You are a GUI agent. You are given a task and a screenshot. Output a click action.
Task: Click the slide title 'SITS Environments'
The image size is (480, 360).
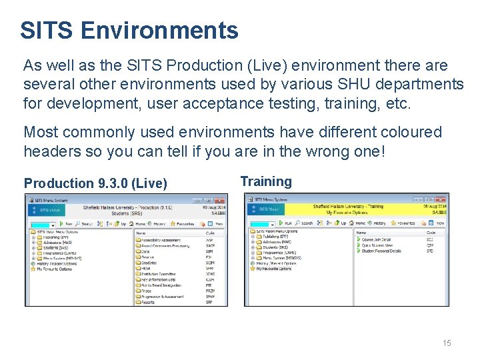pyautogui.click(x=129, y=30)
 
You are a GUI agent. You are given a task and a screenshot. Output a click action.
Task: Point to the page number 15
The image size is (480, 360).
pyautogui.click(x=447, y=343)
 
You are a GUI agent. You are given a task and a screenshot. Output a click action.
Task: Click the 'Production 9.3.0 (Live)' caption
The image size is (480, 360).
pyautogui.click(x=95, y=183)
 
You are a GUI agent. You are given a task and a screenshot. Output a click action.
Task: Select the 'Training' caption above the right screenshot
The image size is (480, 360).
pyautogui.click(x=266, y=181)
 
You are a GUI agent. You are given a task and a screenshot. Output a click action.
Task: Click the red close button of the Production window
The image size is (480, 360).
pyautogui.click(x=219, y=200)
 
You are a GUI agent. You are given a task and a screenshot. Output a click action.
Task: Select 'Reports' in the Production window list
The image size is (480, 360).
pyautogui.click(x=148, y=302)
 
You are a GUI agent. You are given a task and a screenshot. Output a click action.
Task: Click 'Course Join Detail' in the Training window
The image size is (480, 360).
pyautogui.click(x=377, y=239)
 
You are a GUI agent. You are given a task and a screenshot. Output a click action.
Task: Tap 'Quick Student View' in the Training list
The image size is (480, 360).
pyautogui.click(x=378, y=245)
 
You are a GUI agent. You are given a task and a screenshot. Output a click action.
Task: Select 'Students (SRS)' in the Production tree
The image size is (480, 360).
pyautogui.click(x=55, y=248)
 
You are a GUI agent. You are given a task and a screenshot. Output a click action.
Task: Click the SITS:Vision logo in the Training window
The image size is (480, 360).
pyautogui.click(x=267, y=209)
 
